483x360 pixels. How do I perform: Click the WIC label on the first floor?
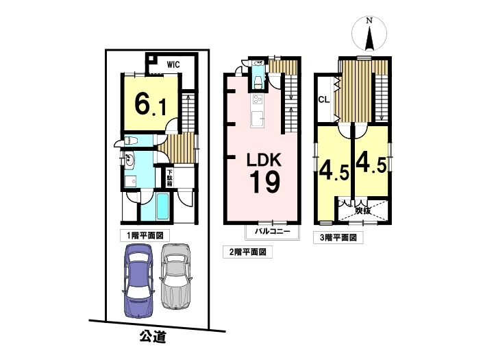click(173, 65)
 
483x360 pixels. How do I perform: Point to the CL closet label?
click(324, 99)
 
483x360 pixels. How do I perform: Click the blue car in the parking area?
click(138, 281)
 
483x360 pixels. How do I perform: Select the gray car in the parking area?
click(175, 276)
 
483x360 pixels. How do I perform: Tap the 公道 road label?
click(153, 337)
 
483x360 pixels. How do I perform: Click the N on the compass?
click(369, 21)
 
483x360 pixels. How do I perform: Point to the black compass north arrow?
click(370, 38)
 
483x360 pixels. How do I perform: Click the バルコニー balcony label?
click(272, 231)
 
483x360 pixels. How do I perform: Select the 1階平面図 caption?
click(145, 236)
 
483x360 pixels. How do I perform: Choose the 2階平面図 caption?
click(247, 252)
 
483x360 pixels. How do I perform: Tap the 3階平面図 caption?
click(338, 238)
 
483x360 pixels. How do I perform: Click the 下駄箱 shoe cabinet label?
click(169, 178)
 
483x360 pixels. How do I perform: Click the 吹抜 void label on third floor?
click(363, 211)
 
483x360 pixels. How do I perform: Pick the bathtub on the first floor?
click(162, 207)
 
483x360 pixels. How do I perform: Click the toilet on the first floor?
click(131, 141)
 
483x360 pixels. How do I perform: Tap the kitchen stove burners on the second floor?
click(257, 99)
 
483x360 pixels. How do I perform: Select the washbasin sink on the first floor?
click(129, 160)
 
